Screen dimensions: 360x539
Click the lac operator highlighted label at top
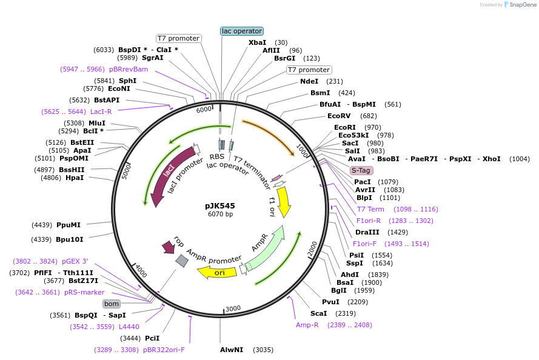[242, 31]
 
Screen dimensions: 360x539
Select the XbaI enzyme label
[257, 42]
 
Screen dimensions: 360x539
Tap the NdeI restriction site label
[309, 81]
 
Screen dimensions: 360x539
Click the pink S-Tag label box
[361, 170]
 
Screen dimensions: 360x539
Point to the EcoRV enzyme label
[339, 116]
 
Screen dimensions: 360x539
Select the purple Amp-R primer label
[307, 325]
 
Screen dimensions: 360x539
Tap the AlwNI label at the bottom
[231, 350]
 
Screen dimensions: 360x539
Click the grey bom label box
[111, 304]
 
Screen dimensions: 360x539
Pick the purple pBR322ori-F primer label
[164, 350]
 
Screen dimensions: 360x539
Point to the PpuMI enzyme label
[69, 225]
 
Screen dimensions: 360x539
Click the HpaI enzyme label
[75, 178]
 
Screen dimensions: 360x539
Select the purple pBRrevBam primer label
[129, 69]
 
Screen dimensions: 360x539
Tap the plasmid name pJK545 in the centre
[219, 205]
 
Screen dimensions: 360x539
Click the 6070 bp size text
[219, 214]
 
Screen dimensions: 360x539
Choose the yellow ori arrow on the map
[218, 273]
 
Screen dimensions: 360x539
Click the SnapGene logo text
[521, 5]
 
